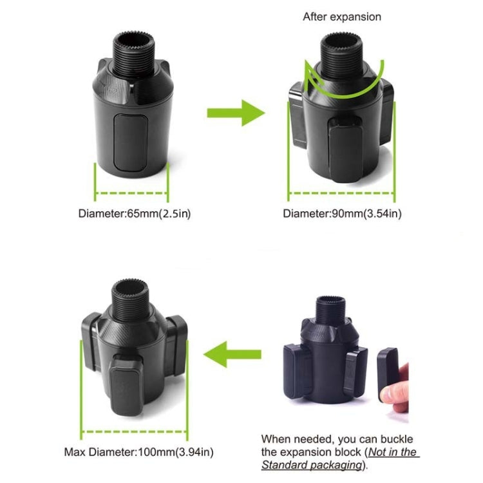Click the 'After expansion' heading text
pyautogui.click(x=343, y=17)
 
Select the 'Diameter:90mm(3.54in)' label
pyautogui.click(x=342, y=213)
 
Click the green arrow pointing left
pyautogui.click(x=232, y=354)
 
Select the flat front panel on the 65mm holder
pyautogui.click(x=131, y=142)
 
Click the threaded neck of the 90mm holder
pyautogui.click(x=342, y=48)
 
